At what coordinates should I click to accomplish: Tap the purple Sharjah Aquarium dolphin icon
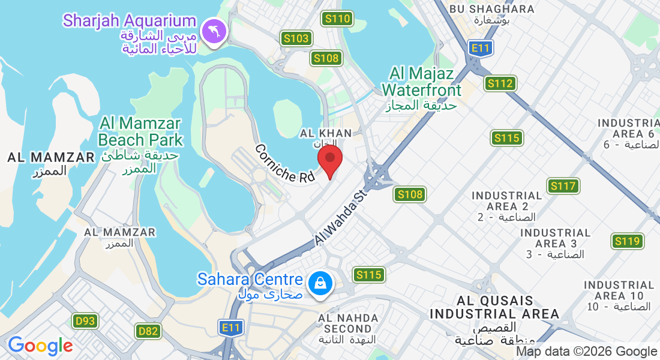point(214,31)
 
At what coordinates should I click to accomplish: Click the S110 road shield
point(336,19)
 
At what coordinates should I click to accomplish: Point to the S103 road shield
point(296,39)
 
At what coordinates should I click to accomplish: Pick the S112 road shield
point(500,83)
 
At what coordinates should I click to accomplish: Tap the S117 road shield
point(563,186)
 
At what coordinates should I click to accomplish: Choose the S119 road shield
point(628,242)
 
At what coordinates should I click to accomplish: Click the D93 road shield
point(86,321)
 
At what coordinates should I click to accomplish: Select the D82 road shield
point(148,331)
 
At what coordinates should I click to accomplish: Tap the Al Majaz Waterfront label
point(422,82)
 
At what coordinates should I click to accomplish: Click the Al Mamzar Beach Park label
point(140,132)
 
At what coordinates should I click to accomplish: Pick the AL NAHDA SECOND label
point(349,323)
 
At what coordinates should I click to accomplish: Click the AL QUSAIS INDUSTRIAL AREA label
point(494,307)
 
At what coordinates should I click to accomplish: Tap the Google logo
point(40,346)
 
